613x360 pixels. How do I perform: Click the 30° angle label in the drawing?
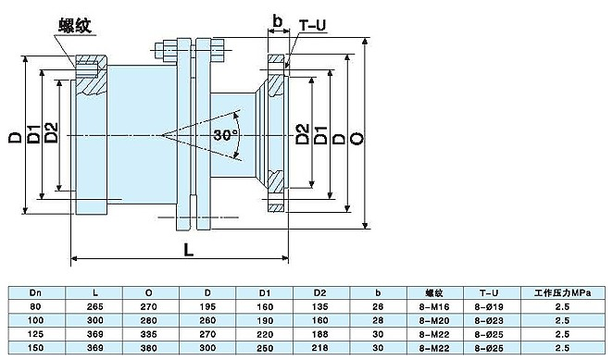225,134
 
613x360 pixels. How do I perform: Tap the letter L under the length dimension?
189,251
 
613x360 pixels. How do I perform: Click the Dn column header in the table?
36,292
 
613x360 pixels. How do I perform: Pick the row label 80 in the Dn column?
36,305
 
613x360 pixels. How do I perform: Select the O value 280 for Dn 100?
163,319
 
